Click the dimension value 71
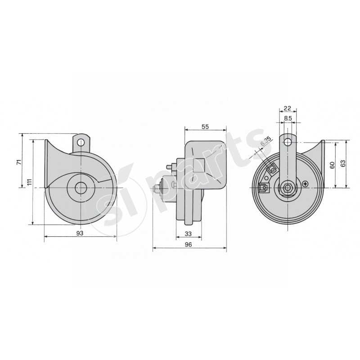[x=19, y=162]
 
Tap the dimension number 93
[x=80, y=233]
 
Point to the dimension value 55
[x=205, y=127]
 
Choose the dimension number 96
[x=189, y=244]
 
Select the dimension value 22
[x=288, y=108]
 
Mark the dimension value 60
[x=332, y=165]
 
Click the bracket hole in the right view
[x=288, y=142]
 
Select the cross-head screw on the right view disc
[x=306, y=184]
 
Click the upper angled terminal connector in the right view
[x=271, y=169]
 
